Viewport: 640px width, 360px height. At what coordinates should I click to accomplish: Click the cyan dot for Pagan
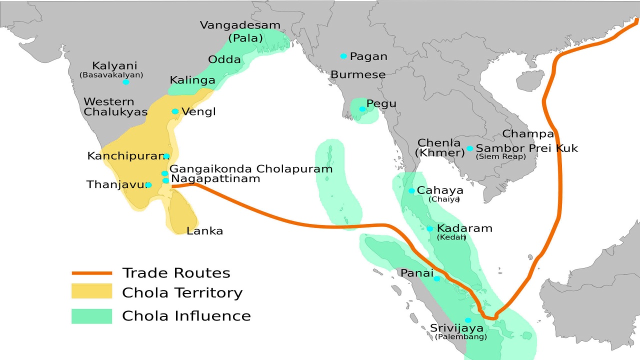(x=343, y=56)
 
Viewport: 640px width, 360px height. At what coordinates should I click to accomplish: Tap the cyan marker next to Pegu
(x=362, y=109)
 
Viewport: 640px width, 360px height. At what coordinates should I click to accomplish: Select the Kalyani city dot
(x=126, y=81)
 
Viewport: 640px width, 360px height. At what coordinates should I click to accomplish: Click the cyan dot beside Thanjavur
(x=148, y=185)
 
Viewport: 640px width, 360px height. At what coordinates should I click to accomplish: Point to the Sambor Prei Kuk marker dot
(x=469, y=148)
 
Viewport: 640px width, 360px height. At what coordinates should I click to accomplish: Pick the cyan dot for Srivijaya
(x=468, y=320)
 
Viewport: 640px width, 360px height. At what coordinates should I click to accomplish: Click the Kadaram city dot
(x=429, y=228)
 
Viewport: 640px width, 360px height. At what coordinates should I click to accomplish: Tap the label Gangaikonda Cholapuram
(x=251, y=168)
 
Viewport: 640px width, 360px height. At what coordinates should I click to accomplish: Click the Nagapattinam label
(x=215, y=178)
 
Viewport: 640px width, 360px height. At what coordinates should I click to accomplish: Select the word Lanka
(x=204, y=231)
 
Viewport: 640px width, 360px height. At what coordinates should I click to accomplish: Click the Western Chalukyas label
(x=115, y=107)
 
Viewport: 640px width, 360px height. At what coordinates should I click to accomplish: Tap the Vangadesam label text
(x=240, y=25)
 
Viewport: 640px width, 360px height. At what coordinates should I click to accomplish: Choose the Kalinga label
(x=192, y=80)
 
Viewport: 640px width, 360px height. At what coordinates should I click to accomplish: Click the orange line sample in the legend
(x=91, y=273)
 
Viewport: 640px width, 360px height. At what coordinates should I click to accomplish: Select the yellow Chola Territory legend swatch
(x=91, y=291)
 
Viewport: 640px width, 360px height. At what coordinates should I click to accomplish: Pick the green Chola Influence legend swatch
(x=91, y=316)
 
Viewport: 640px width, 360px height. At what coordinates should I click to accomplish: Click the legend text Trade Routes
(x=176, y=273)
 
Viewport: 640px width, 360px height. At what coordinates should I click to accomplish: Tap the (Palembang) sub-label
(x=460, y=337)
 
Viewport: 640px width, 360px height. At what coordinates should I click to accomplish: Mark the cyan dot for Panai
(x=436, y=278)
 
